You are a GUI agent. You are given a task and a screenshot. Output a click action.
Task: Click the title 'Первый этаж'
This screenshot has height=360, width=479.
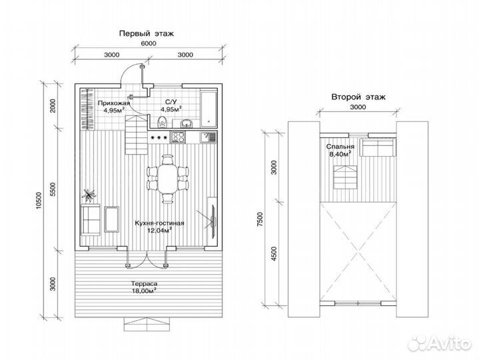click(x=147, y=33)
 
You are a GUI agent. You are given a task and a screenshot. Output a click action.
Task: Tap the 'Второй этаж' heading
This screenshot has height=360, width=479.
click(x=358, y=97)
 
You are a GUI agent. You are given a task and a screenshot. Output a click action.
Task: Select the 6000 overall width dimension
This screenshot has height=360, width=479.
click(x=149, y=43)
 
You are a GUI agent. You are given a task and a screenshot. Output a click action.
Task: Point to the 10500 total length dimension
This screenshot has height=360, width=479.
click(x=38, y=200)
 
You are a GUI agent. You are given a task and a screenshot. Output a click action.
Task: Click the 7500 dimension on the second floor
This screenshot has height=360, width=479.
click(x=260, y=219)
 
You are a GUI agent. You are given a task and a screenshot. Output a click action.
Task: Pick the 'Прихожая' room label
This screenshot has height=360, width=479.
click(x=114, y=103)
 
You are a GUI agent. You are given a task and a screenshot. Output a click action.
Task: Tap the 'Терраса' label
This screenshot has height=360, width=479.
click(x=145, y=284)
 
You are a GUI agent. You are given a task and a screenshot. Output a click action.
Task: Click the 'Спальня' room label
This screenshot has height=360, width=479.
click(x=340, y=147)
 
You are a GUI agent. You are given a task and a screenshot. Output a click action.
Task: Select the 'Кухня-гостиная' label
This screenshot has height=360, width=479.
click(x=159, y=223)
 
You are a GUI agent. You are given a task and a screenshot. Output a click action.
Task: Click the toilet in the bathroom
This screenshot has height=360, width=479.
click(x=163, y=122)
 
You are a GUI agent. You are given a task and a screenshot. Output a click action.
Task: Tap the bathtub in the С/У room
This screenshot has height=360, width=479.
click(x=209, y=109)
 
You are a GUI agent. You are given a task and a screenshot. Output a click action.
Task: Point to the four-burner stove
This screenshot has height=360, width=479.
click(x=178, y=137)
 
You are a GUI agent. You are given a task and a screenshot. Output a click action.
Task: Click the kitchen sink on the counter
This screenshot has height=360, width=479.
click(x=208, y=137)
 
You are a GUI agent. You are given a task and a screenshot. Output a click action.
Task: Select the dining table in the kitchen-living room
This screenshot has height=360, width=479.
click(x=167, y=179)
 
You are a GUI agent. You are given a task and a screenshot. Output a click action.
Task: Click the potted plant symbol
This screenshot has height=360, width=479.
click(x=89, y=195)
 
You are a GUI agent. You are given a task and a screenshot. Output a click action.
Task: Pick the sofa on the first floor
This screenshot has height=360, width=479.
click(x=91, y=220)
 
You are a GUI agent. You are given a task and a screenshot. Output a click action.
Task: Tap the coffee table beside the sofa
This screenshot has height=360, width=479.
click(x=111, y=219)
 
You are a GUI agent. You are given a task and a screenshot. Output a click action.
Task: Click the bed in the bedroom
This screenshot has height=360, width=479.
click(x=378, y=148)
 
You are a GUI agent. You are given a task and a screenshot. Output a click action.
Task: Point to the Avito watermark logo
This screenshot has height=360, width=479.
click(x=440, y=343)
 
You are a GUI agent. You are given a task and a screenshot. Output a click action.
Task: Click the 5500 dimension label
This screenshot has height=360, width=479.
click(x=53, y=189)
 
